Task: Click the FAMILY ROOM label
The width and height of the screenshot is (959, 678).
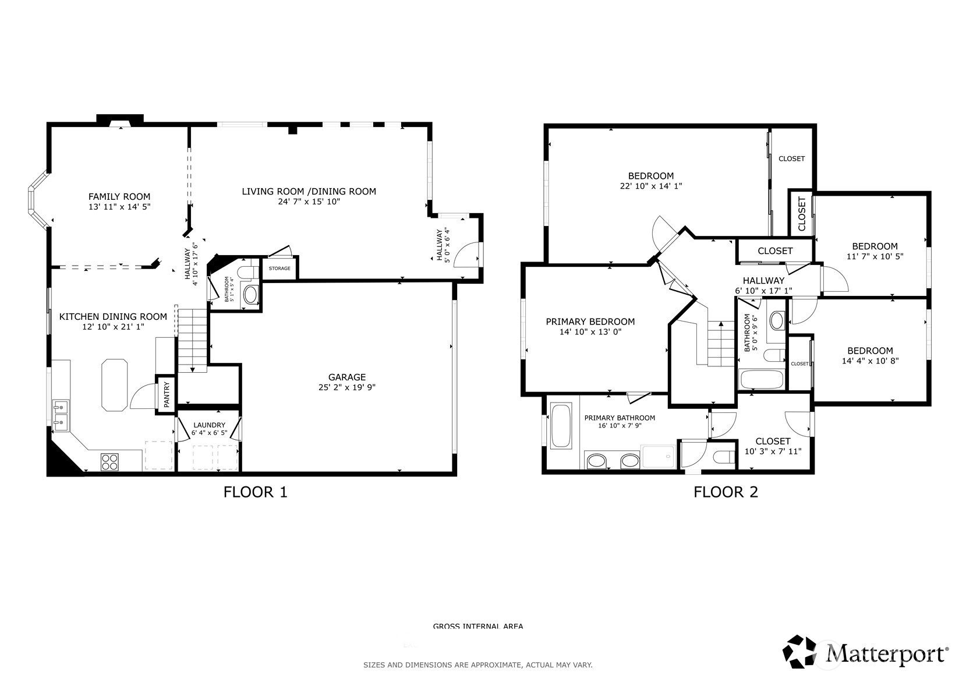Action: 119,197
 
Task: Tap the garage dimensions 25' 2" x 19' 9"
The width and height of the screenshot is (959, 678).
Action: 346,387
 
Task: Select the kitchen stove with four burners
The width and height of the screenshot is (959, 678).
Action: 109,461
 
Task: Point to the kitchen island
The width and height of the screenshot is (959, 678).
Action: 114,384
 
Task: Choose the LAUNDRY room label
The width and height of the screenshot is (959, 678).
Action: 209,425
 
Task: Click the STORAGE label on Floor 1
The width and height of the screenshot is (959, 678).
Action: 279,269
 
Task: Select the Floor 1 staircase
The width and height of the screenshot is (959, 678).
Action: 192,341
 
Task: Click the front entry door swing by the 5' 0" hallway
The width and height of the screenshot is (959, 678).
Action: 466,255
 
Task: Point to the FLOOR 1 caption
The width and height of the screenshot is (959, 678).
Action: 255,492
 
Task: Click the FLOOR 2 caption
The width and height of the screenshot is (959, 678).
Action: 726,492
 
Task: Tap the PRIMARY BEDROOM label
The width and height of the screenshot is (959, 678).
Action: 590,322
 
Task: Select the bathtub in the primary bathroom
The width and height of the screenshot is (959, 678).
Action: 561,426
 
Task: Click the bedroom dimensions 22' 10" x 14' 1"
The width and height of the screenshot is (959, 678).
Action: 650,186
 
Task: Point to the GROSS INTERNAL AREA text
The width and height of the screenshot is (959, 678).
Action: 477,627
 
